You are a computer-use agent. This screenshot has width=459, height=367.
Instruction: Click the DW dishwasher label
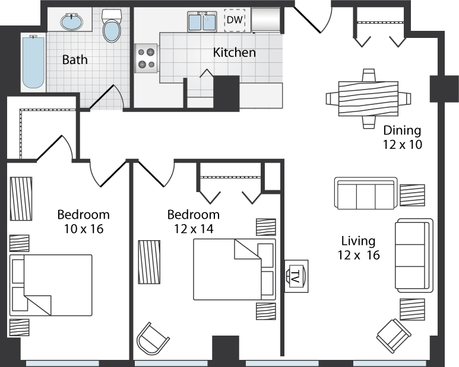(235, 20)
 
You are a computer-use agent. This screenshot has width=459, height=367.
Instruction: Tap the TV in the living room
(296, 276)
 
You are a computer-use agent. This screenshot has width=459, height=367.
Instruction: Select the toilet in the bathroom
(112, 25)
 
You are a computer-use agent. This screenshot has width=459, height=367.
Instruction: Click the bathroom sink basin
(72, 22)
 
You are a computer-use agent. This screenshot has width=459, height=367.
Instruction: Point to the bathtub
(33, 62)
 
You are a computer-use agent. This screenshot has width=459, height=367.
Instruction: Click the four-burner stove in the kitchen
(146, 58)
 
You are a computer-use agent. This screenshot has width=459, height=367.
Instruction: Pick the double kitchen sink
(202, 21)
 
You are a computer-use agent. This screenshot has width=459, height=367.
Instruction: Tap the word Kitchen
(234, 53)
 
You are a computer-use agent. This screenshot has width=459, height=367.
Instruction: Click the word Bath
(75, 60)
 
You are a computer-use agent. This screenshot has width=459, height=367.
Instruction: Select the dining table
(368, 99)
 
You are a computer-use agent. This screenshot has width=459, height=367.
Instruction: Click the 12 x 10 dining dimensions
(403, 144)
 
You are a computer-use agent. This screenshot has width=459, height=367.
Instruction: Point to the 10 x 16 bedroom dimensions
(84, 229)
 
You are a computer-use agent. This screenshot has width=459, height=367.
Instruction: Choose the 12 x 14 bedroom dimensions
(194, 229)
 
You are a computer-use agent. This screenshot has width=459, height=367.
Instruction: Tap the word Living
(358, 241)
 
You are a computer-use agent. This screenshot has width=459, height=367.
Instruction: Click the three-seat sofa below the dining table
(366, 193)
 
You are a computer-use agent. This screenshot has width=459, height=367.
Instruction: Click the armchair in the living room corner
(394, 336)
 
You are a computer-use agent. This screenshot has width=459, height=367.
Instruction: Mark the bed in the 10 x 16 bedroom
(51, 285)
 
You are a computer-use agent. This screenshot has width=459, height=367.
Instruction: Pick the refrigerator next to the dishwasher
(265, 20)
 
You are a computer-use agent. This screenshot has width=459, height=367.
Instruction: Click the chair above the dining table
(369, 75)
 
